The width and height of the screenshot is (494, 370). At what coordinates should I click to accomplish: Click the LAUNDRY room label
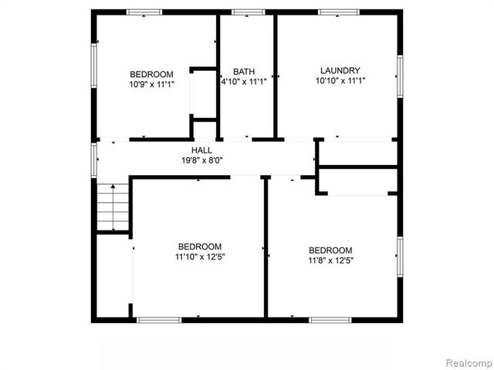tap(340, 70)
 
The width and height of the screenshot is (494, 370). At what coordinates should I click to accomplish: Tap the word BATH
tap(244, 71)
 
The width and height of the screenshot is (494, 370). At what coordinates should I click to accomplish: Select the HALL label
tap(202, 150)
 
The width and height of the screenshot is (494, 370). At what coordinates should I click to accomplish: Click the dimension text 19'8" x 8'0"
tap(202, 161)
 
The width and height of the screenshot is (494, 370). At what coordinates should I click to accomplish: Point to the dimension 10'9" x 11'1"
tap(151, 85)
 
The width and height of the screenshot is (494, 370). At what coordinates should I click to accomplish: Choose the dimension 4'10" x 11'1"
tap(244, 81)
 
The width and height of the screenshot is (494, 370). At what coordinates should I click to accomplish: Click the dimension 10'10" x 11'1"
tap(340, 80)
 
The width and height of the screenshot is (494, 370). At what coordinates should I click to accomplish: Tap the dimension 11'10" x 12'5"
tap(200, 257)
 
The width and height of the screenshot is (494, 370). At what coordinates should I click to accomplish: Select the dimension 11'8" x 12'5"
tap(330, 260)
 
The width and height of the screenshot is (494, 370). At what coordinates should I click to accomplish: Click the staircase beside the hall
tap(113, 207)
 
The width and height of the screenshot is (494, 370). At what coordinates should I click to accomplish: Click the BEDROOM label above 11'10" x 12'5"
tap(200, 247)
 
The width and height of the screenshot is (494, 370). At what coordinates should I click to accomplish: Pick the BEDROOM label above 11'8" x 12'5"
tap(330, 250)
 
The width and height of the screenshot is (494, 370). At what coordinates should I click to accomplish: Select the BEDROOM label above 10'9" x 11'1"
tap(151, 75)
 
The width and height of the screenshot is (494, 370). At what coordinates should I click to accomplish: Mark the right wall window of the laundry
tap(400, 76)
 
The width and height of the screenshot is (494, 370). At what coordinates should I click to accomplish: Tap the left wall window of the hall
tap(94, 159)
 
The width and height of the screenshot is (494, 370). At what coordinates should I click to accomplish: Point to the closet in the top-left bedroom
tap(202, 95)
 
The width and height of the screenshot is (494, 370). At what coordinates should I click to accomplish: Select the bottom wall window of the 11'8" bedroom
tap(330, 319)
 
